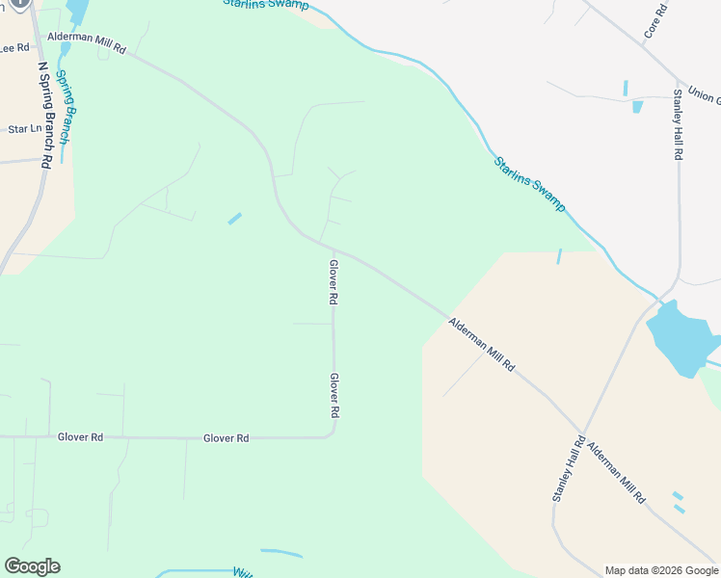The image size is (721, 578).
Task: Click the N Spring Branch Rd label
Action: pos(43,116)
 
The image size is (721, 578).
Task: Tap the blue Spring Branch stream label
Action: pos(63,106)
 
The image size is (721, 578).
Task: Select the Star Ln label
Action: pos(25,128)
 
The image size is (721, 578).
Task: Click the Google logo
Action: pos(32,566)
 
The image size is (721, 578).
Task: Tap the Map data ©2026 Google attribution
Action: pos(660,570)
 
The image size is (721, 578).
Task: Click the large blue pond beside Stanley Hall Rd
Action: pos(681,337)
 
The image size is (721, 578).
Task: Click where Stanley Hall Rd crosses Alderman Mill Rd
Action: pos(582,431)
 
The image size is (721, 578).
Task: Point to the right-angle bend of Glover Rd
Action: pos(333,435)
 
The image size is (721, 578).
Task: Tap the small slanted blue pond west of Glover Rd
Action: pos(234,219)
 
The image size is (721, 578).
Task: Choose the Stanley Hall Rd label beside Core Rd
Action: pos(679,124)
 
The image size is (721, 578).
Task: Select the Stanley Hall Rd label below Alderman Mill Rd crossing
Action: pos(569,469)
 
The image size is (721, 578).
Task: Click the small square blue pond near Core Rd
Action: pos(637,106)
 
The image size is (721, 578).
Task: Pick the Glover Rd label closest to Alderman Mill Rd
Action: pos(333,282)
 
